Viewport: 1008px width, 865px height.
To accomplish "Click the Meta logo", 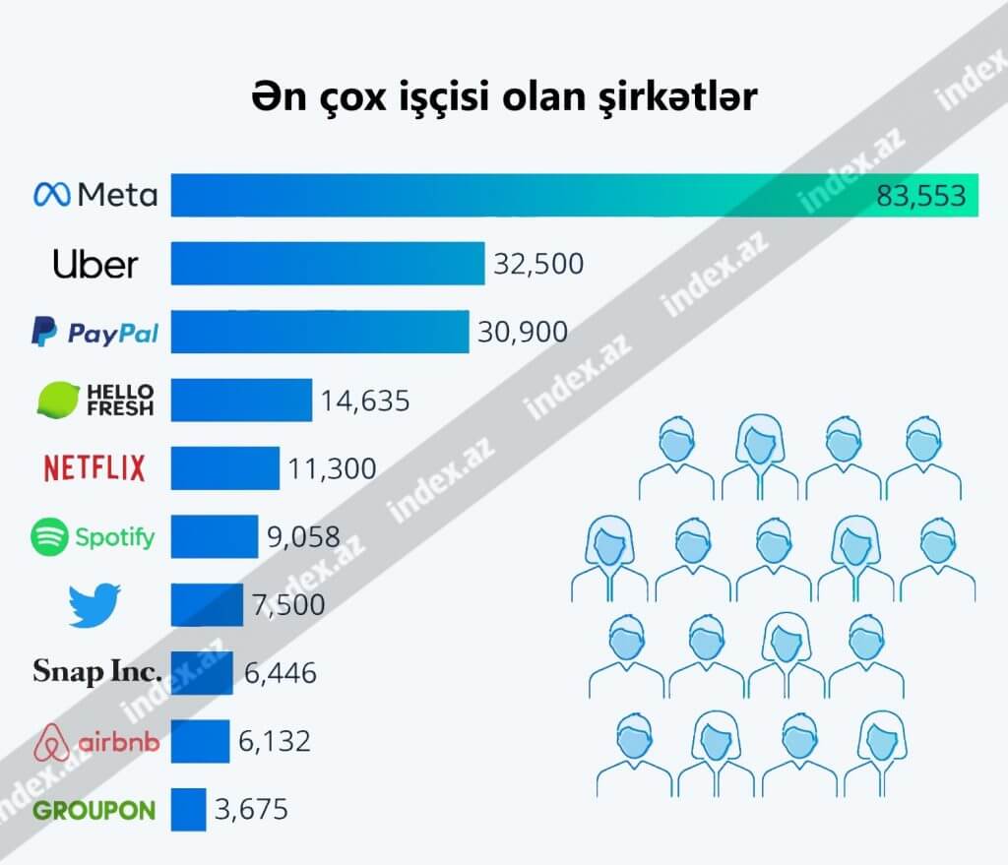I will point(95,195).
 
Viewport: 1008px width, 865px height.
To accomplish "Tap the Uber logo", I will point(95,264).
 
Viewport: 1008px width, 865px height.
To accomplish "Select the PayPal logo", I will point(95,333).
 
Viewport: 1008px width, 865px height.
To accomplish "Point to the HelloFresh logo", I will point(95,400).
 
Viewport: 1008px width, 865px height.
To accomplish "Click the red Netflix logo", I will point(94,467).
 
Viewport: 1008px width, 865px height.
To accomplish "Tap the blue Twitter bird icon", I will point(94,605).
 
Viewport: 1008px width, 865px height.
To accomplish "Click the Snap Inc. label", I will point(94,673).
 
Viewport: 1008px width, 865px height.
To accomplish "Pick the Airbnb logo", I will point(95,741).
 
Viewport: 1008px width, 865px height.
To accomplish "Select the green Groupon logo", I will point(94,810).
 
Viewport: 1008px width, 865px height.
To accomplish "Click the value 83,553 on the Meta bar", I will point(922,197).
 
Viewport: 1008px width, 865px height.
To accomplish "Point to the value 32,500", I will point(538,264).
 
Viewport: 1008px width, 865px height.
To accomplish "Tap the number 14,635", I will point(364,401).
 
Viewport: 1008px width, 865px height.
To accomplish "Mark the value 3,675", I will point(251,810).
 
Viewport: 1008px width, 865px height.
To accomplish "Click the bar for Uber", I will point(328,263).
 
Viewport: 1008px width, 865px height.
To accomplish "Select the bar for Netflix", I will point(224,467).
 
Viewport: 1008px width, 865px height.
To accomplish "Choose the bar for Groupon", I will point(188,809).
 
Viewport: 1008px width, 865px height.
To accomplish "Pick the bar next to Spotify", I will point(214,536).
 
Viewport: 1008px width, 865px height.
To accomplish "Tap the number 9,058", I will point(303,537).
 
